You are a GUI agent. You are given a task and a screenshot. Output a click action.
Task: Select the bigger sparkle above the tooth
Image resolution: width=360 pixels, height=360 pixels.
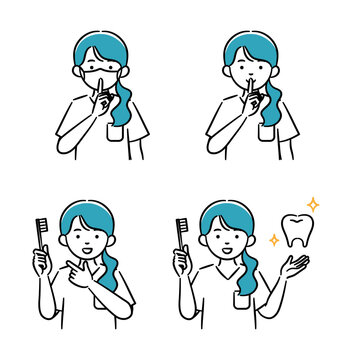pos(313,205)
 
